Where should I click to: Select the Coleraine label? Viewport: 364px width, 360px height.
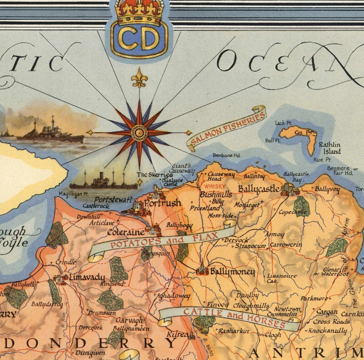(126, 232)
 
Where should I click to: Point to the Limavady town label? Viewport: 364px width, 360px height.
(87, 278)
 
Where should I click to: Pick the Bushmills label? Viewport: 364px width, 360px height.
(215, 194)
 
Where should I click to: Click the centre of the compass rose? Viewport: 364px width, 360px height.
(139, 133)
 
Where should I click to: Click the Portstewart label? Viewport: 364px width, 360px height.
(113, 200)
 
